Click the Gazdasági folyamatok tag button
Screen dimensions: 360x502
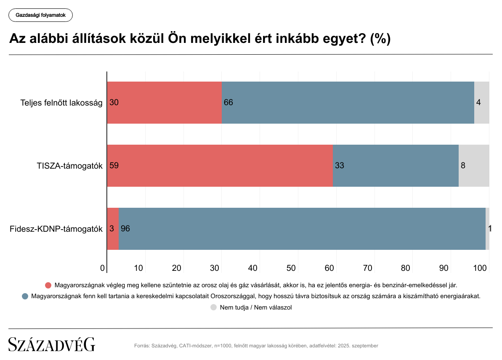click(40, 15)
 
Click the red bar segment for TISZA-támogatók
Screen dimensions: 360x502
click(220, 166)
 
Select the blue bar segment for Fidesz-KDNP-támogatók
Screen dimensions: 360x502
click(302, 229)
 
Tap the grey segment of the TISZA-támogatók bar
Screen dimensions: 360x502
click(474, 166)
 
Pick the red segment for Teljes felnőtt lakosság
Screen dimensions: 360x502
click(165, 103)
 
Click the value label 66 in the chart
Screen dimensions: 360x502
click(228, 103)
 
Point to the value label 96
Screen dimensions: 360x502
click(125, 229)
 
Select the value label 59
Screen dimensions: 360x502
click(114, 166)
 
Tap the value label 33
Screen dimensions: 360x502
click(340, 166)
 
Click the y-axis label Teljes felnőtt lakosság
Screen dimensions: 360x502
click(61, 103)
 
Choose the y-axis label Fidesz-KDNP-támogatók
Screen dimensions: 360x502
click(56, 229)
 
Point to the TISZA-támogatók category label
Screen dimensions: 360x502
click(70, 166)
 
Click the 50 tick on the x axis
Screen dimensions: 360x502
click(291, 268)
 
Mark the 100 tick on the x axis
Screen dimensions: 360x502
click(480, 268)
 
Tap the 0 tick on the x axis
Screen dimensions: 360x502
click(103, 268)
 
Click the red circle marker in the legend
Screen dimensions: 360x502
click(48, 285)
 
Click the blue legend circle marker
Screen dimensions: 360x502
click(25, 296)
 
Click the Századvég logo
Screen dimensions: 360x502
click(52, 344)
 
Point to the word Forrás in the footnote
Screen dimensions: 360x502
click(141, 346)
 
